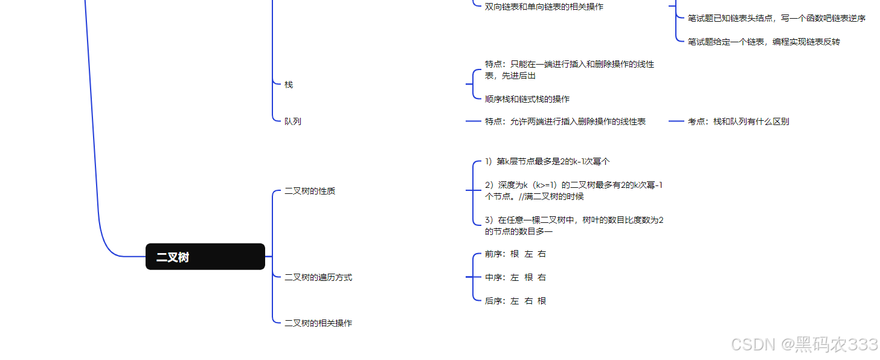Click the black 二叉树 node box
205,257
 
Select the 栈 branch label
289,85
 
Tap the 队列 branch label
293,121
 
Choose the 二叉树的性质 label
310,191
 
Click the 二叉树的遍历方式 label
318,277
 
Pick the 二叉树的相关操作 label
318,323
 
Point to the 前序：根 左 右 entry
515,254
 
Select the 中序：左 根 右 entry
515,277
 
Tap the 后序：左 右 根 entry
515,301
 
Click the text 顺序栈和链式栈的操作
527,99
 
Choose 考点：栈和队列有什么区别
738,121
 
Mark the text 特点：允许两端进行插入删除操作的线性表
565,121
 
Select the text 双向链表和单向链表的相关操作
544,7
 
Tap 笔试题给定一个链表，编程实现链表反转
763,42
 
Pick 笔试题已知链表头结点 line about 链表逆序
776,18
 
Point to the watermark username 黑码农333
836,345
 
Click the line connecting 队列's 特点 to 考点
676,121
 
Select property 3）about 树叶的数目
574,225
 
